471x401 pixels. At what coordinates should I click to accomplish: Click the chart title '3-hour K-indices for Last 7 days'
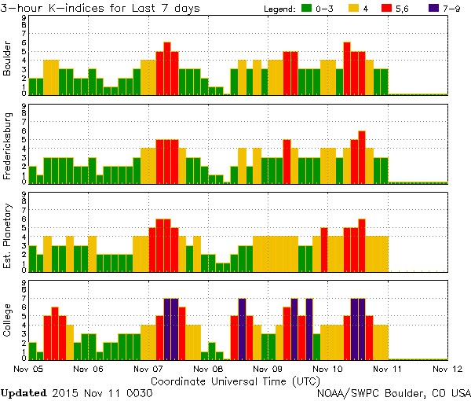pyautogui.click(x=100, y=8)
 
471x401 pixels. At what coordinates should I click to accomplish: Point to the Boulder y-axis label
pyautogui.click(x=9, y=59)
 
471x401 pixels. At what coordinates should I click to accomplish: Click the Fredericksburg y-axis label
pyautogui.click(x=9, y=147)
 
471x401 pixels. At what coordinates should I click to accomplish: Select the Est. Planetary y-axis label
pyautogui.click(x=9, y=235)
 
